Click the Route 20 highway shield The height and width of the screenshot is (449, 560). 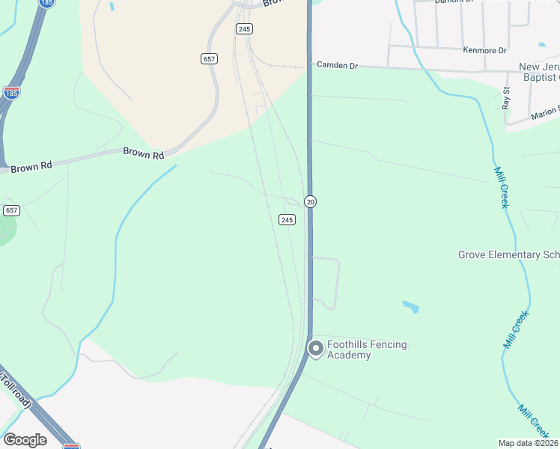pyautogui.click(x=310, y=201)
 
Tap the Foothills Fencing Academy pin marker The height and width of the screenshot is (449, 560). pyautogui.click(x=316, y=349)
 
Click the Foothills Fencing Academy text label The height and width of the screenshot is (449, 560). pyautogui.click(x=367, y=349)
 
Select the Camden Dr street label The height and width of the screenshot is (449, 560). pyautogui.click(x=338, y=66)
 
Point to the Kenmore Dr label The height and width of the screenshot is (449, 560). pyautogui.click(x=485, y=50)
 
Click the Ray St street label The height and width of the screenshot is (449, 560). pyautogui.click(x=507, y=98)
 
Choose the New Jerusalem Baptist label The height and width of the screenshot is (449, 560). pyautogui.click(x=539, y=72)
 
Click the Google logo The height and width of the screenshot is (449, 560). pyautogui.click(x=25, y=439)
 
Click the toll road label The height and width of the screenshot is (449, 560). pyautogui.click(x=16, y=388)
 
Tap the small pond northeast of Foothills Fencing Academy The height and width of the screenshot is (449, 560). pyautogui.click(x=410, y=306)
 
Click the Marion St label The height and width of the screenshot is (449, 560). pyautogui.click(x=545, y=112)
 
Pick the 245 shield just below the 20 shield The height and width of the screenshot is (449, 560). pyautogui.click(x=287, y=219)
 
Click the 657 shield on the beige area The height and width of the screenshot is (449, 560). pyautogui.click(x=210, y=58)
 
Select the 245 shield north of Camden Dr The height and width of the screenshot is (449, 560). pyautogui.click(x=244, y=28)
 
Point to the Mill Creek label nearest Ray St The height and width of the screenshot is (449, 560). pyautogui.click(x=501, y=187)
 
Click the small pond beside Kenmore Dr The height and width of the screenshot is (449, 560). pyautogui.click(x=542, y=45)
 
